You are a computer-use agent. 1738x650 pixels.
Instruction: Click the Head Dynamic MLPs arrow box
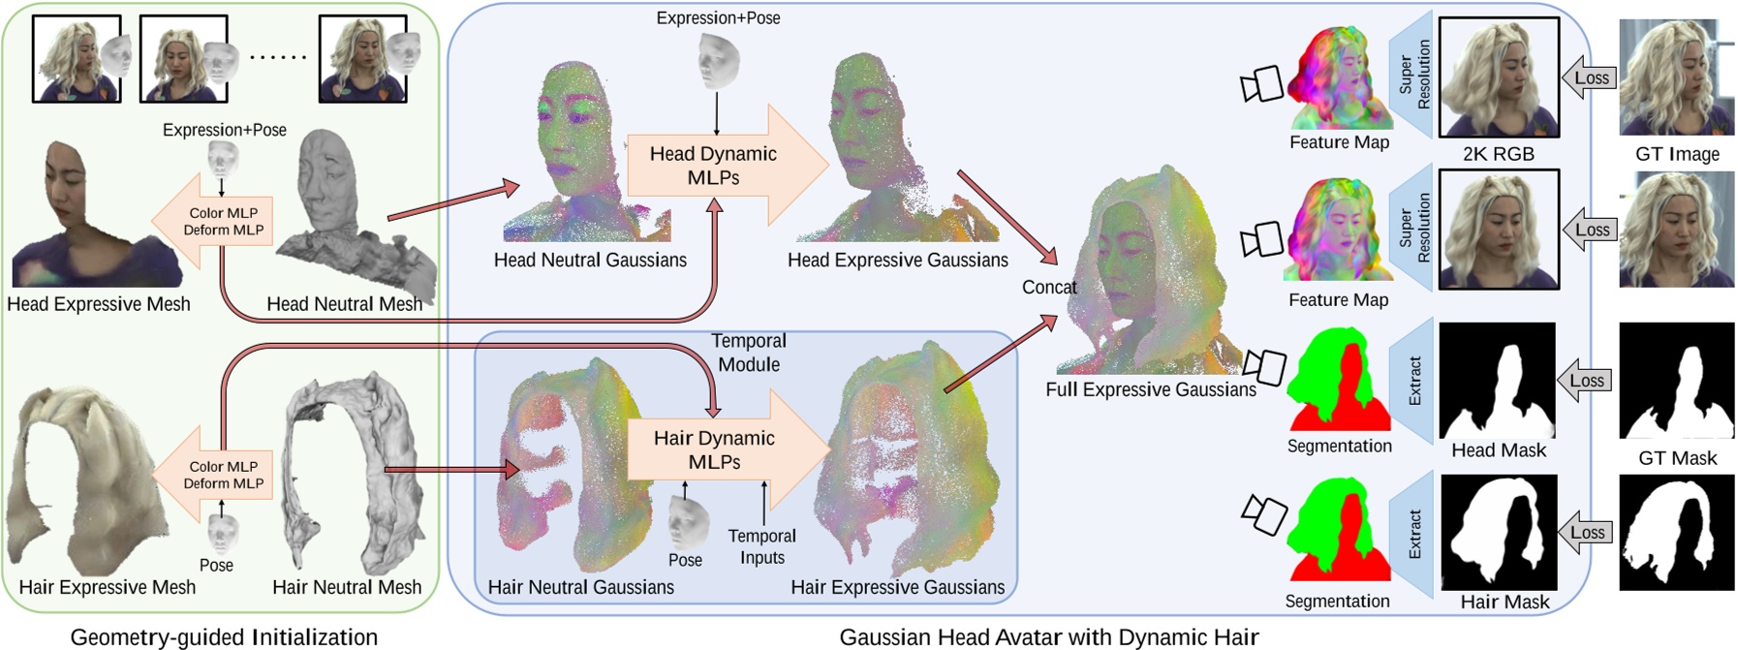[714, 166]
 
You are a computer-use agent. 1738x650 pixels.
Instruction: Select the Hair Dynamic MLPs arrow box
[715, 449]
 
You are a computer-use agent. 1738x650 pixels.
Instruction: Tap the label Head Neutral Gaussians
[590, 260]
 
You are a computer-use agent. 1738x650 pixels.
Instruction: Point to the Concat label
[1049, 287]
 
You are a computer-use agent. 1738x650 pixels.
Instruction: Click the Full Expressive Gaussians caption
[1150, 389]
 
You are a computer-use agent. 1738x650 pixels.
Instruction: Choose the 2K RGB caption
[1498, 153]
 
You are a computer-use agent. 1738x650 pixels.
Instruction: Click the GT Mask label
[1677, 458]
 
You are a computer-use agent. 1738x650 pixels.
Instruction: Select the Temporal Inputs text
[761, 546]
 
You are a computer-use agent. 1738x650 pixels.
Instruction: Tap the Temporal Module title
[749, 353]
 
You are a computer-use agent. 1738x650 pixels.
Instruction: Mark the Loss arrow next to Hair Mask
[1586, 533]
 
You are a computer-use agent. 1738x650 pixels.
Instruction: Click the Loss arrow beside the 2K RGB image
[1590, 78]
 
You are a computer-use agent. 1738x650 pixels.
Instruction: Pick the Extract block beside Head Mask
[1412, 381]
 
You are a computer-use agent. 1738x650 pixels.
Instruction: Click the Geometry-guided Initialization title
[224, 636]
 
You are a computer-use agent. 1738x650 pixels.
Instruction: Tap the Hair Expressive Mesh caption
[107, 587]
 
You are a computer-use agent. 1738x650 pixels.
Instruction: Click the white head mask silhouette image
[1497, 381]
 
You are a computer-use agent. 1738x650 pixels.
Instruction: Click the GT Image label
[1677, 154]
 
